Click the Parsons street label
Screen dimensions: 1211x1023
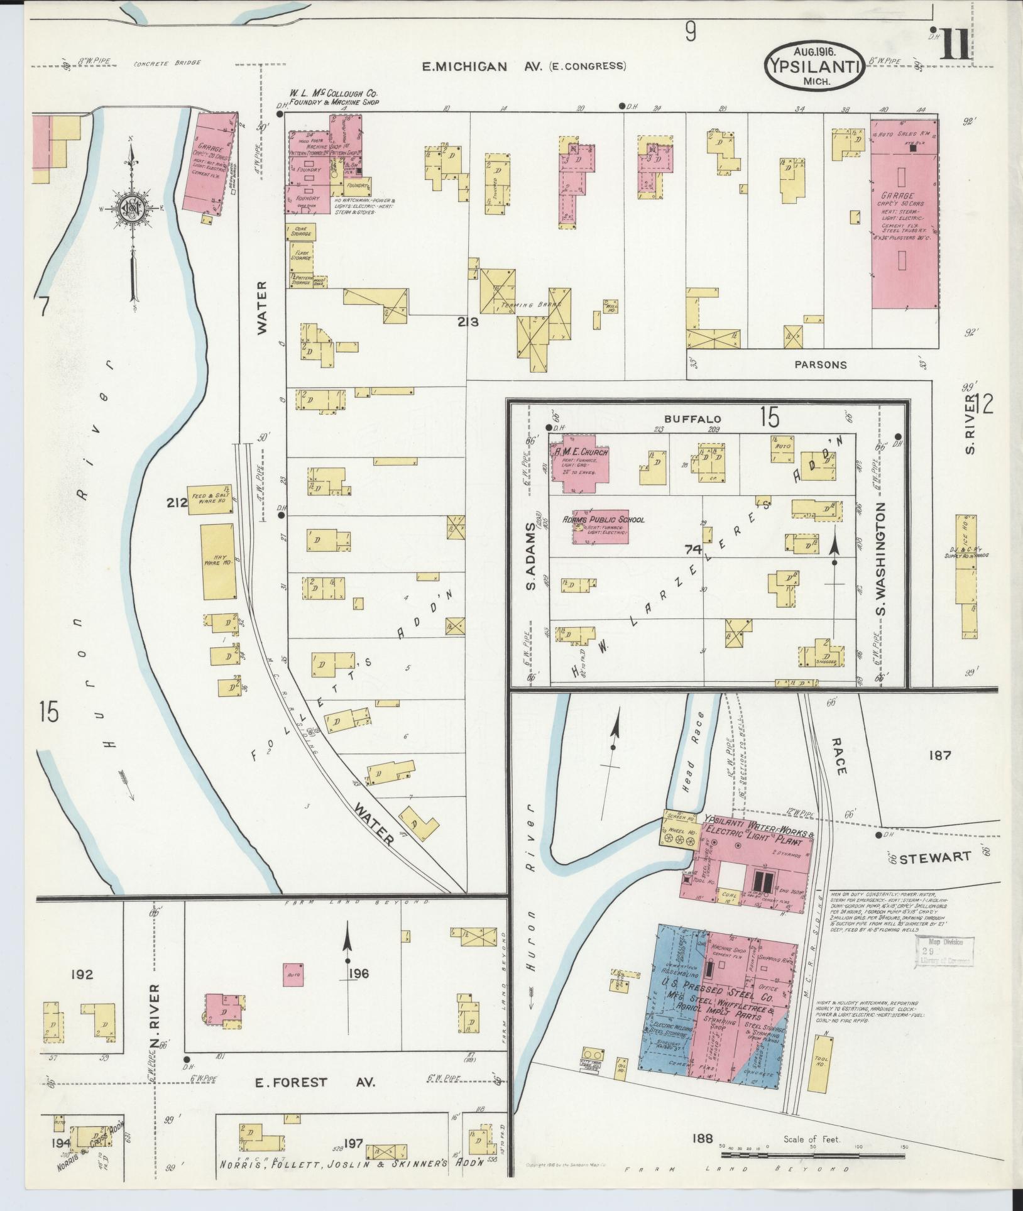(820, 364)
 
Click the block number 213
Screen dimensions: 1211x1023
(468, 322)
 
